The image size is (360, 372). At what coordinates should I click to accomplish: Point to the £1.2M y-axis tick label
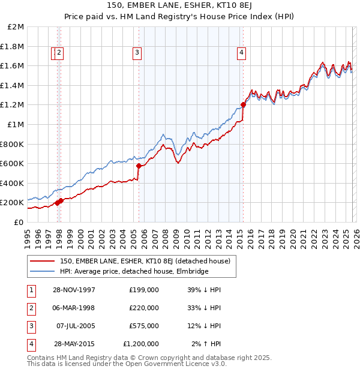(x=13, y=105)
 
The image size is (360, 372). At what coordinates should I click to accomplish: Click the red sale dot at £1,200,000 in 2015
(x=243, y=105)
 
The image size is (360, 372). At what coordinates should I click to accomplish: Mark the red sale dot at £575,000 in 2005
(x=139, y=166)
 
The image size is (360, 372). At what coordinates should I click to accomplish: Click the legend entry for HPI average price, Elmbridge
(x=134, y=271)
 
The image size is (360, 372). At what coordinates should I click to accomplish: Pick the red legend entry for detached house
(x=148, y=261)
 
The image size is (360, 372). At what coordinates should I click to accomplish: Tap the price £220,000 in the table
(x=144, y=308)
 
